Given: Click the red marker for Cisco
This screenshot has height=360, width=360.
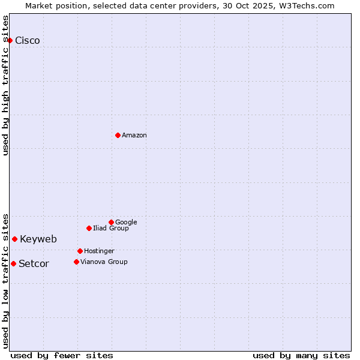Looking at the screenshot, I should coord(10,40).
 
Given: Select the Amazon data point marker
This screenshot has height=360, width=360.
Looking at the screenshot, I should coord(118,135).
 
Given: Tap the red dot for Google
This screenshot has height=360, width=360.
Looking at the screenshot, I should coord(111,222).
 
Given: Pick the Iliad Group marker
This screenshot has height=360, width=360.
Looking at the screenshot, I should coord(89,228).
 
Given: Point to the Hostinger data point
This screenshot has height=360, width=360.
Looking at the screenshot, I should coord(80,251).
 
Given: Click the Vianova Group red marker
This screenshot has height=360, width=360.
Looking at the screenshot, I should coord(76,262).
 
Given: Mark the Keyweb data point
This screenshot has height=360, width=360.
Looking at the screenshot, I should coord(15,239).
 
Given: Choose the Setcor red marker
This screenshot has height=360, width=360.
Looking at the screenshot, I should coord(13,263).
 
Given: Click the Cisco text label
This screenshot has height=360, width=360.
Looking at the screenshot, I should coord(28,41).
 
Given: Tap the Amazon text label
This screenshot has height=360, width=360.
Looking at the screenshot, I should coord(134,136).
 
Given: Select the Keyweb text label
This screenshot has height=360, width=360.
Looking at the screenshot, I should coord(38,239).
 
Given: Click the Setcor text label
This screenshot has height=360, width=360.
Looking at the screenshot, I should coord(34,264).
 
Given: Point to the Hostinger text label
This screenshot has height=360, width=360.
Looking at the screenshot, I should coord(99,251).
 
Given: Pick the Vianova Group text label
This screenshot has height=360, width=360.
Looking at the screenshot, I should coord(104,262).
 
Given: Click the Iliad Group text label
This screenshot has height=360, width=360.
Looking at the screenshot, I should coord(111,229).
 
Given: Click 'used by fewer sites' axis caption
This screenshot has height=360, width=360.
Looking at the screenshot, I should coord(62,356).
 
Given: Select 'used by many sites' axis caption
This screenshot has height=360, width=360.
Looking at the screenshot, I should coord(301,356).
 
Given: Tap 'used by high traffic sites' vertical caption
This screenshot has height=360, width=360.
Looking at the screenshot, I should coord(6,85).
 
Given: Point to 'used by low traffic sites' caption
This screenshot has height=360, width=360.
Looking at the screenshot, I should coord(6,280).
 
